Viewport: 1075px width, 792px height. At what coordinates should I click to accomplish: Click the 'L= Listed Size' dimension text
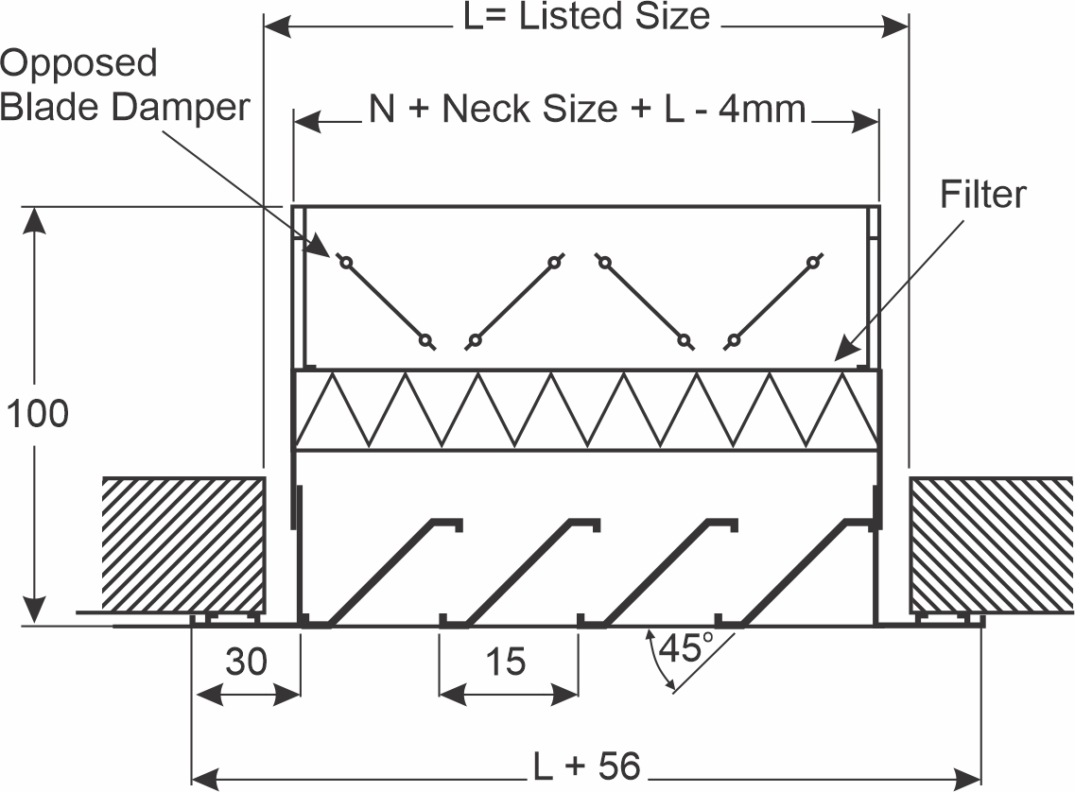point(587,16)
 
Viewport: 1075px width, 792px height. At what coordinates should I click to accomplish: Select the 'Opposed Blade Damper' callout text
point(125,85)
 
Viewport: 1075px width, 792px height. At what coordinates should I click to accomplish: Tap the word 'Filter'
point(982,195)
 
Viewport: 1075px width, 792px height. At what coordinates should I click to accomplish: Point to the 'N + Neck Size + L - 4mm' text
point(587,109)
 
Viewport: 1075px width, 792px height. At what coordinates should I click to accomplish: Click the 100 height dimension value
point(38,414)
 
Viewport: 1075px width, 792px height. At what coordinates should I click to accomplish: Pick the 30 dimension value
point(246,662)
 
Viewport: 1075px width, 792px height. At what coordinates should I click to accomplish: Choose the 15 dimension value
point(506,662)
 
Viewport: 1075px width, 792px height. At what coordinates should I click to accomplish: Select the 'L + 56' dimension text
point(587,766)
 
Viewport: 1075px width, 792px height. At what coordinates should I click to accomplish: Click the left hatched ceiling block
point(183,545)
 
